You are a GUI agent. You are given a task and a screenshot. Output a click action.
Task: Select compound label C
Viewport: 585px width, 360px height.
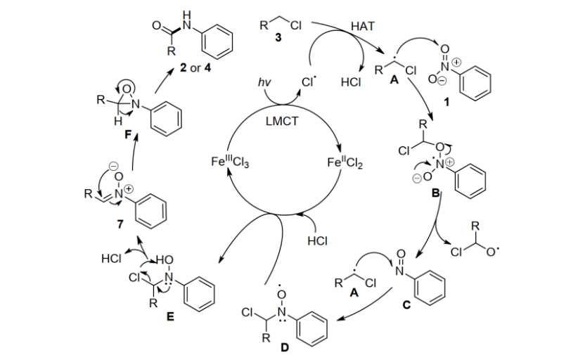pyautogui.click(x=406, y=304)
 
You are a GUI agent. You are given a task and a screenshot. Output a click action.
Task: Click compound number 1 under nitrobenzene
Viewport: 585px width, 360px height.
pyautogui.click(x=447, y=103)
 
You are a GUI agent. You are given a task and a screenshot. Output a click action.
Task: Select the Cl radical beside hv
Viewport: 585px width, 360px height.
pyautogui.click(x=307, y=82)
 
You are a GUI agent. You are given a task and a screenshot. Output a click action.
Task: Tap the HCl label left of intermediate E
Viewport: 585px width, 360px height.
pyautogui.click(x=113, y=258)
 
